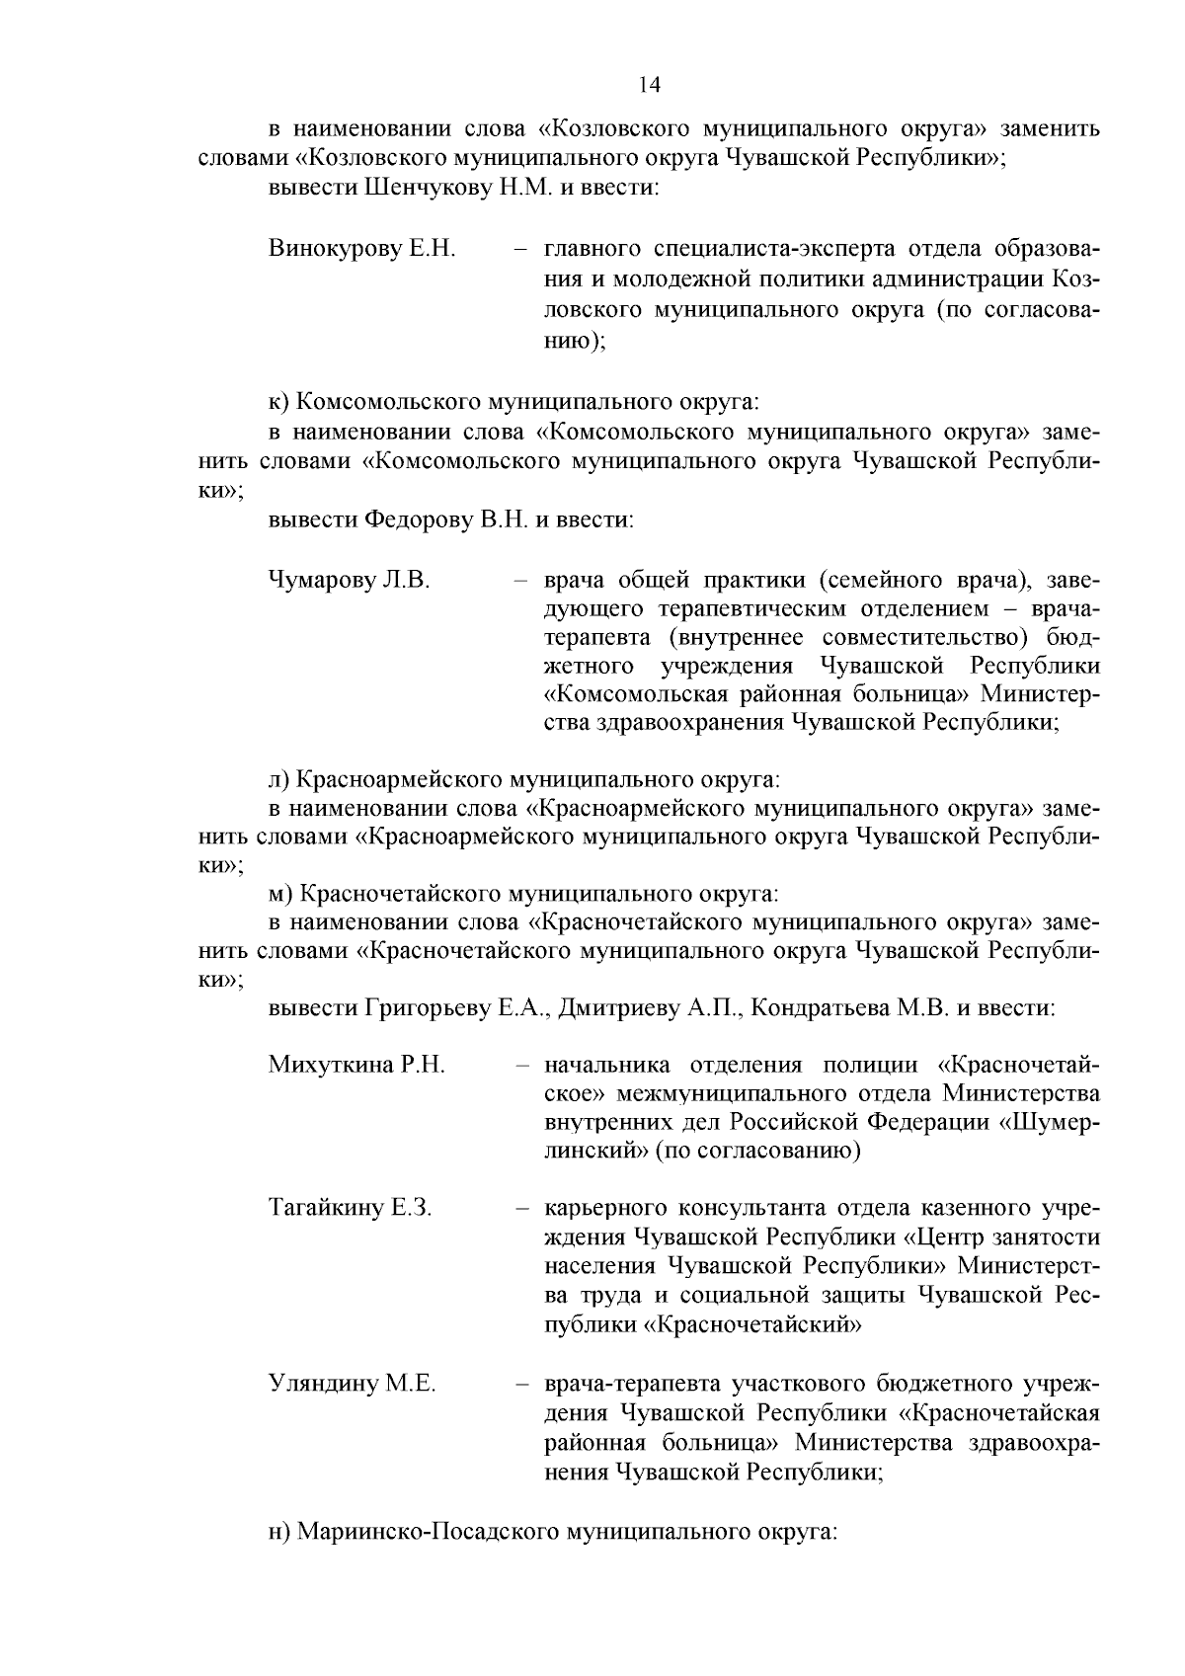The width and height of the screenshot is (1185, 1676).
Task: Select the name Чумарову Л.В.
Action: tap(349, 580)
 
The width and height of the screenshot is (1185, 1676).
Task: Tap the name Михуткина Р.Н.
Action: tap(356, 1065)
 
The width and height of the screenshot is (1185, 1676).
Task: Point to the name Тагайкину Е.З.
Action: tap(350, 1209)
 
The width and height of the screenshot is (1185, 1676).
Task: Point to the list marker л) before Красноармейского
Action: tap(279, 780)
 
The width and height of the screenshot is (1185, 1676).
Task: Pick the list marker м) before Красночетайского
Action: tap(280, 895)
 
